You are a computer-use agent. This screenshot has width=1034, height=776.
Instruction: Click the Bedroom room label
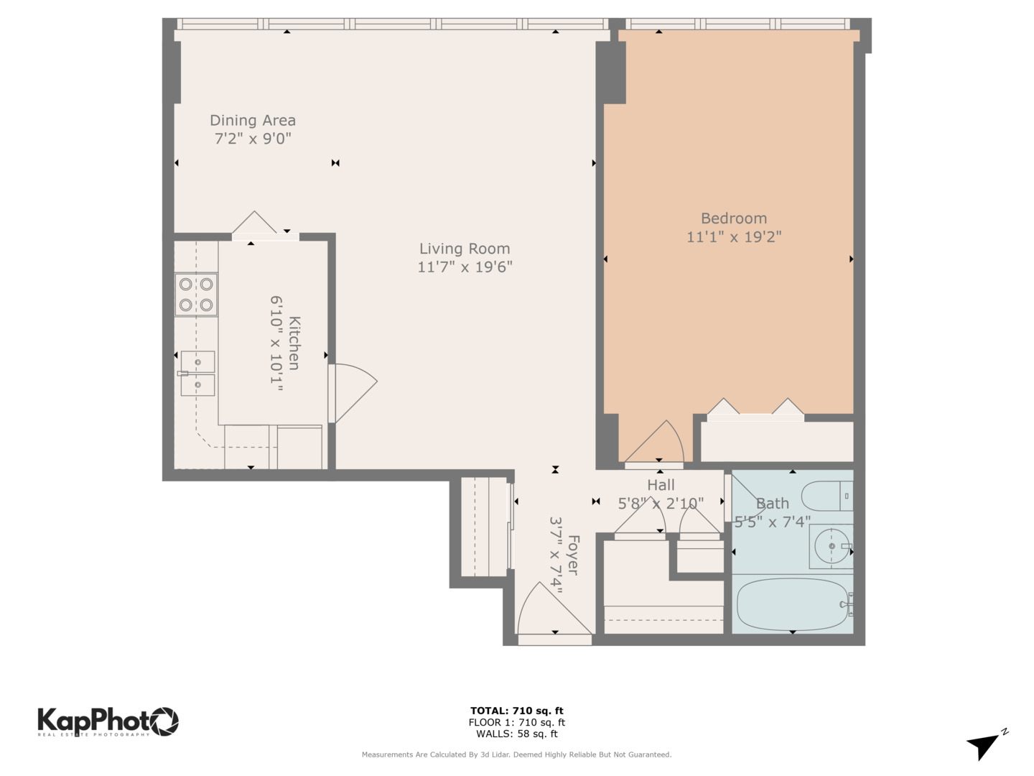[x=733, y=218]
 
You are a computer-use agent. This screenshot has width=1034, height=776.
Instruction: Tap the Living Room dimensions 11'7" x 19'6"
[x=465, y=267]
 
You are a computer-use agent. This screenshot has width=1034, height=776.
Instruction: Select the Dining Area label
[x=252, y=121]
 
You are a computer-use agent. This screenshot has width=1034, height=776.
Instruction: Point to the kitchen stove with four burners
[x=196, y=295]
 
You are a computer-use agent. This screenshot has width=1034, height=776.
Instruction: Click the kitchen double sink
[x=197, y=373]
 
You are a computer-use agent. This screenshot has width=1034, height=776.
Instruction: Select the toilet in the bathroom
[x=826, y=496]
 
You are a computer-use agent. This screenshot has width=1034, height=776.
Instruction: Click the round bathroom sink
[x=831, y=547]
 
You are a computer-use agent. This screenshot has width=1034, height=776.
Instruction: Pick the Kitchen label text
[x=294, y=343]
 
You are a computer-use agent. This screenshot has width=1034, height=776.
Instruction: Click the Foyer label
[x=572, y=554]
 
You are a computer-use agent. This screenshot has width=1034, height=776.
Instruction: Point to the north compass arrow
[x=984, y=745]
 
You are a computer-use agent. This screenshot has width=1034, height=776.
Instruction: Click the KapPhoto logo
[x=108, y=721]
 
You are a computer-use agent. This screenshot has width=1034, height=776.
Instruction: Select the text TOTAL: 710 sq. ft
[x=516, y=711]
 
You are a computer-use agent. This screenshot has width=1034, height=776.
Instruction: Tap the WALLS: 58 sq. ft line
[x=516, y=734]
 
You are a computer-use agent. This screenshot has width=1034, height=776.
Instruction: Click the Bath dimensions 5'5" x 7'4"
[x=772, y=522]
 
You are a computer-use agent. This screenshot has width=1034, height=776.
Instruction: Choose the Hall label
[x=661, y=485]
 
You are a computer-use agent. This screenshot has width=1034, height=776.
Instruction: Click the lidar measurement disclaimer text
[x=516, y=754]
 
